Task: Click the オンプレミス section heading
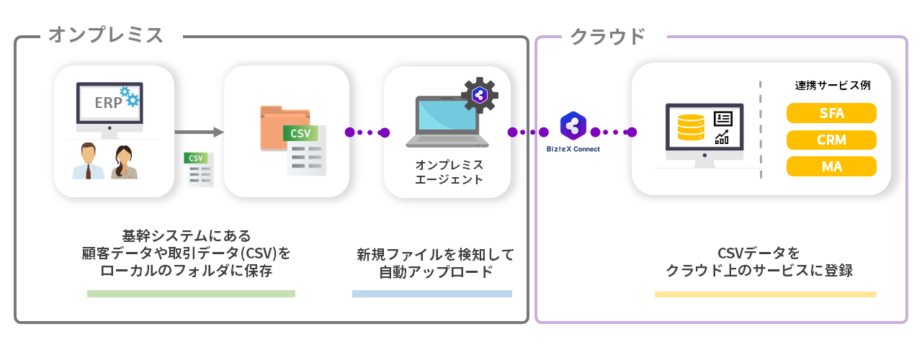click(x=105, y=35)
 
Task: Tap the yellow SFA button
click(x=831, y=113)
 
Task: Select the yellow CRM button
click(x=831, y=140)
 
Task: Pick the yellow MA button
click(x=831, y=167)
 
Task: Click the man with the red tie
click(x=88, y=161)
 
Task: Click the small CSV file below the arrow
click(x=198, y=169)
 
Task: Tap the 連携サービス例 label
click(x=833, y=85)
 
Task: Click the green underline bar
click(x=191, y=294)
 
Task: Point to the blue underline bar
click(x=431, y=294)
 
